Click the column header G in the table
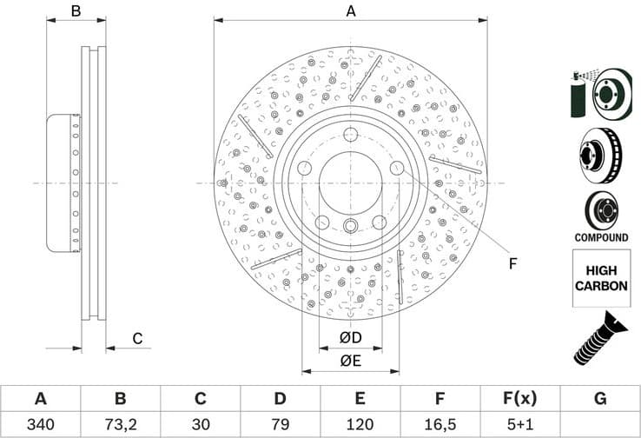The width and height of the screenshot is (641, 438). coord(600,399)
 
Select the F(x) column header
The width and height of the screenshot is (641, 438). coord(519,399)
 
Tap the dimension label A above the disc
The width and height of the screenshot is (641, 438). coord(351,11)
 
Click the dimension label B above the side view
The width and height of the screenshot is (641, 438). coord(76,11)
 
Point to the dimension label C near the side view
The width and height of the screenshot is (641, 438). coord(136,338)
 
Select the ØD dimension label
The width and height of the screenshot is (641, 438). coord(350,338)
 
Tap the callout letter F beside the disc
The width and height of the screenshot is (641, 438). coord(512,263)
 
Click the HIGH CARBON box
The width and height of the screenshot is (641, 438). coord(600,277)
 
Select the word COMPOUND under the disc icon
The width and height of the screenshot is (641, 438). coord(600,237)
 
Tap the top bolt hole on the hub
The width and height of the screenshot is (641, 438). coord(350,135)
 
